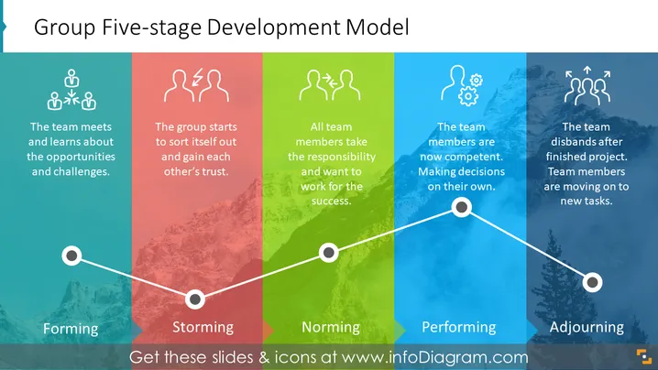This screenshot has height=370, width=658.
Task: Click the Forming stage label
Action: point(71,329)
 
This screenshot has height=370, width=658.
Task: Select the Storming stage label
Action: point(203,327)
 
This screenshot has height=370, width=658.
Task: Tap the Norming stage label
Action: point(331,327)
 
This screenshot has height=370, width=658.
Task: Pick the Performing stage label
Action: point(458,327)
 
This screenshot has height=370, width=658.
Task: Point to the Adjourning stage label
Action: point(587,327)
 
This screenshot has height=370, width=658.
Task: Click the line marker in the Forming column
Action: point(71,256)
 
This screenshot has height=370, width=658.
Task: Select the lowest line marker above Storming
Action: point(195,299)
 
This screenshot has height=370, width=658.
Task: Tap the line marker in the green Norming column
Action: point(329,253)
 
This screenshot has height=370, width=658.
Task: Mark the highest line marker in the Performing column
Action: point(462,207)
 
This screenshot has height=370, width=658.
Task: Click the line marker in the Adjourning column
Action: point(593,282)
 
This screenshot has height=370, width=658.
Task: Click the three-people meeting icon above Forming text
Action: point(71,90)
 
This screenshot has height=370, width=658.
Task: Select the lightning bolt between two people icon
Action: point(196,85)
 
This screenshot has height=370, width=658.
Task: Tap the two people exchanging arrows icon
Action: point(330,85)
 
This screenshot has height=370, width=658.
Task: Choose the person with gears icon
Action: point(462,85)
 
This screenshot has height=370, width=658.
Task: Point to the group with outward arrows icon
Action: point(587,85)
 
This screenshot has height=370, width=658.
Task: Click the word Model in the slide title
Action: point(378,27)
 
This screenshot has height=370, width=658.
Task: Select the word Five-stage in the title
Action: point(152,27)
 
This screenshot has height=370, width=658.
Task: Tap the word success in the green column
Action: point(331,201)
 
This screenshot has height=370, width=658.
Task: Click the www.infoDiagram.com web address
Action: point(434,357)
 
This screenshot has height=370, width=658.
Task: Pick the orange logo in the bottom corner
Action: point(644,357)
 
